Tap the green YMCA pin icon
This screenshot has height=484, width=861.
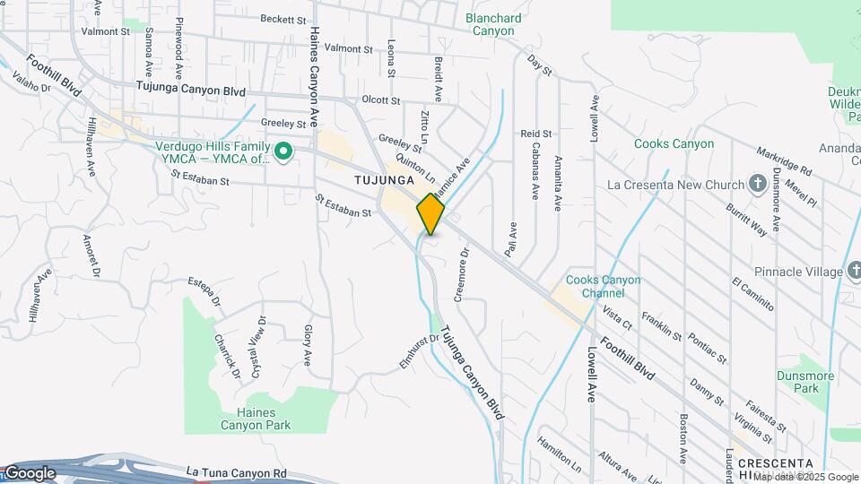284,151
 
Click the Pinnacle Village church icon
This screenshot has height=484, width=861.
853,271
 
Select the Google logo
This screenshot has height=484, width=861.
29,473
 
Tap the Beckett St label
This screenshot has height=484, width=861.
283,18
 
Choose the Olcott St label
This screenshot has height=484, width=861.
380,100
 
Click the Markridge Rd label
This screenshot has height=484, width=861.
783,159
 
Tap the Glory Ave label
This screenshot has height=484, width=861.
308,344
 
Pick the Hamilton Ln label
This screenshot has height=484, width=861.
560,455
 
